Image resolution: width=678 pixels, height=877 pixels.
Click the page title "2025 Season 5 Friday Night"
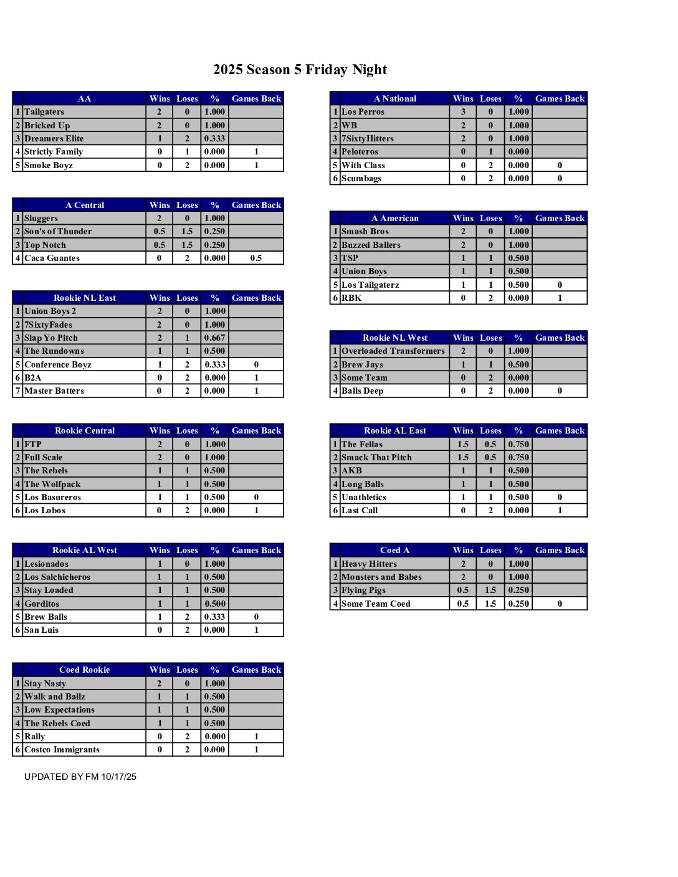(300, 70)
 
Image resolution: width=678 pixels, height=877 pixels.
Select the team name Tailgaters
(44, 112)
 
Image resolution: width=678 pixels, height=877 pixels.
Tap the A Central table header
(85, 205)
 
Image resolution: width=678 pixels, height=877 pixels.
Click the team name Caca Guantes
(52, 258)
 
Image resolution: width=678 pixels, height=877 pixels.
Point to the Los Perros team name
(363, 112)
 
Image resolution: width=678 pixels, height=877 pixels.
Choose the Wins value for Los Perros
(463, 112)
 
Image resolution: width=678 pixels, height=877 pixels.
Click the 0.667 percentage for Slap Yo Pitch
(215, 338)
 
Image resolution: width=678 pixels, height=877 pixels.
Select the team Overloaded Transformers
(393, 351)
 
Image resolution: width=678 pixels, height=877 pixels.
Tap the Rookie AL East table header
(395, 430)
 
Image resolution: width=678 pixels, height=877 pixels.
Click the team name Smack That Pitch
(376, 457)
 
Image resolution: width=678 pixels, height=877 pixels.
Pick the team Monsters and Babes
(381, 577)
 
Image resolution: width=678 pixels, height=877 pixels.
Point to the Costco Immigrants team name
(62, 749)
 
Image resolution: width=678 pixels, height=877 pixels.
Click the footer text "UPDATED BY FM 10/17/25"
(80, 777)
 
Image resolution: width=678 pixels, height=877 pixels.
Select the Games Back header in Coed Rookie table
(256, 670)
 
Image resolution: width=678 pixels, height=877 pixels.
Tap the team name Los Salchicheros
(57, 577)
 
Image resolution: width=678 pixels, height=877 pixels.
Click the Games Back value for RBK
(560, 298)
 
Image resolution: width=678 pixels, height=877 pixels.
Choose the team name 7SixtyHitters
(368, 138)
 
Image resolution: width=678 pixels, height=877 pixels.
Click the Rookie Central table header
(85, 430)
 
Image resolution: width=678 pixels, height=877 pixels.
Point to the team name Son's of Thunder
(58, 231)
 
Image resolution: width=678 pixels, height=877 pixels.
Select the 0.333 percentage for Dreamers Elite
(215, 138)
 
